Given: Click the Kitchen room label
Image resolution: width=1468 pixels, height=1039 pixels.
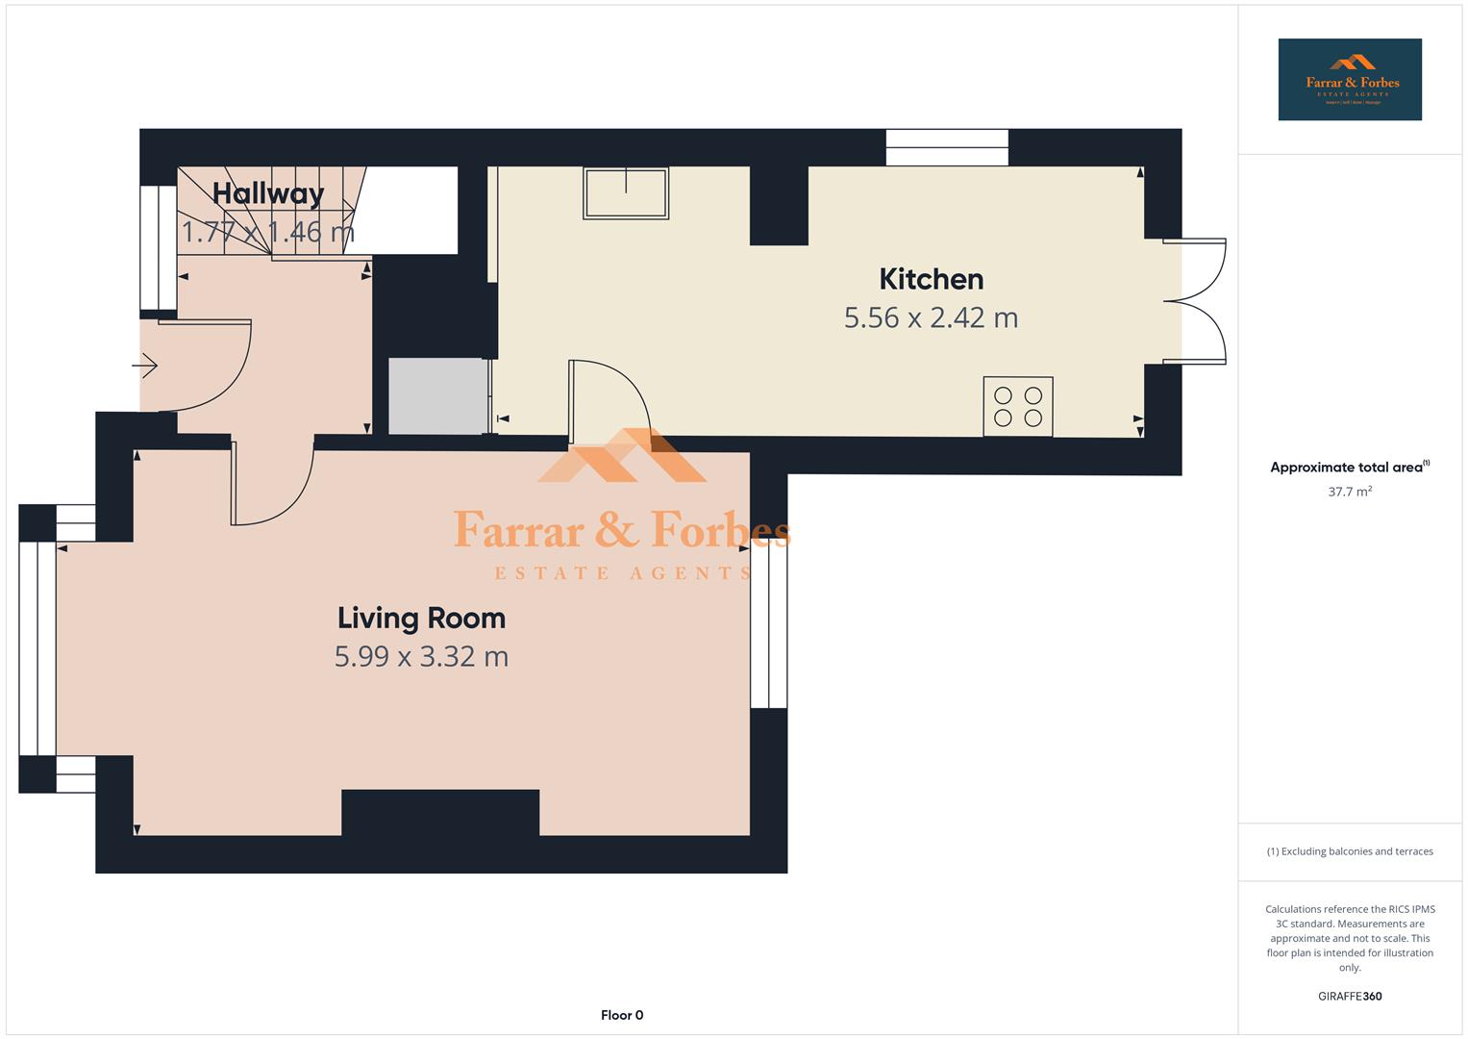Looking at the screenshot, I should [x=931, y=279].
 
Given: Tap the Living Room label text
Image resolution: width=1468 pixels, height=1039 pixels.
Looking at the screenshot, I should [x=421, y=618].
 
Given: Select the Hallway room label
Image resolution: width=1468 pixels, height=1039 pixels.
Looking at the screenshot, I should [x=268, y=193].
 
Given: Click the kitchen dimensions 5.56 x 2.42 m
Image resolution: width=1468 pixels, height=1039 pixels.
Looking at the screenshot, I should [x=931, y=317].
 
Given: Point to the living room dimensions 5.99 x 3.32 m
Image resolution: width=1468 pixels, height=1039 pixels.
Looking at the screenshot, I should [x=421, y=656].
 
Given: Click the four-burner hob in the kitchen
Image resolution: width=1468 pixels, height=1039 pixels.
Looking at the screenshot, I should [x=1017, y=406].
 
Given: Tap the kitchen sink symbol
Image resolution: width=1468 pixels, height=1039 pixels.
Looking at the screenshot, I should [x=625, y=192].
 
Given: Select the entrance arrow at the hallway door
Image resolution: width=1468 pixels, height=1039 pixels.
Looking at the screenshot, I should [x=145, y=366].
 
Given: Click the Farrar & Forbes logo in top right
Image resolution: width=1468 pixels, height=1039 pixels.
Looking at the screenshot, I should [x=1349, y=79].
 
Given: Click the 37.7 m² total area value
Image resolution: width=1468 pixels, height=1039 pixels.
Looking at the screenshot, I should [x=1349, y=492].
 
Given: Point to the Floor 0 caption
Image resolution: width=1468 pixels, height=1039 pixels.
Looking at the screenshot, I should [x=621, y=1015].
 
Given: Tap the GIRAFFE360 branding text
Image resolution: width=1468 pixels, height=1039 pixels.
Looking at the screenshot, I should [x=1349, y=996].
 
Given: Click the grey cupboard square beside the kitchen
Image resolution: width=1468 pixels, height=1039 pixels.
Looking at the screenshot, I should [x=437, y=395].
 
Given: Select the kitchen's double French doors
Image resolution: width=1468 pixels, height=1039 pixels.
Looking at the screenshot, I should [x=1196, y=301].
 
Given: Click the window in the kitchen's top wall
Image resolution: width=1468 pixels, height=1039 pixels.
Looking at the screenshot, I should [x=946, y=147].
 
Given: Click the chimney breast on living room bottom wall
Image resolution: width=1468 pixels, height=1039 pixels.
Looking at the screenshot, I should [x=439, y=813].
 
